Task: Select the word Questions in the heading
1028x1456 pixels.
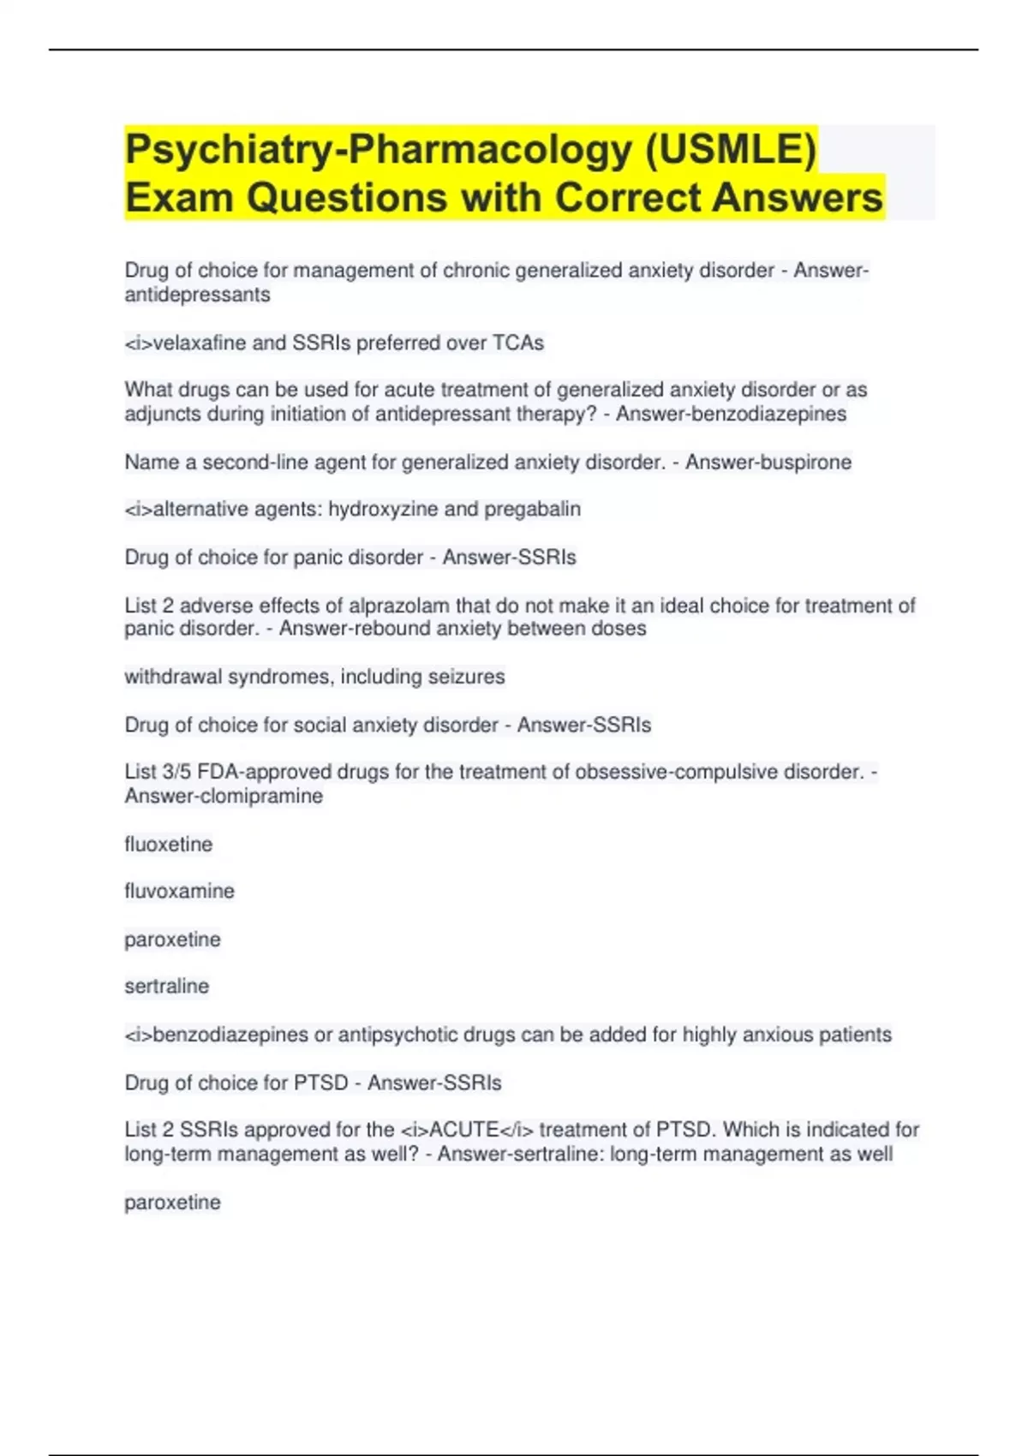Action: click(347, 197)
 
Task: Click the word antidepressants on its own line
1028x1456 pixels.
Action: click(197, 295)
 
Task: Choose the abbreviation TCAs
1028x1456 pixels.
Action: click(517, 343)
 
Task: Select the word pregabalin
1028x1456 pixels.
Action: click(532, 509)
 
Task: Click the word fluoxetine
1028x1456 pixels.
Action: click(168, 844)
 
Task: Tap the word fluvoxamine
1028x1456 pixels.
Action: click(179, 891)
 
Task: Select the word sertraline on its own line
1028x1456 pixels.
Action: click(166, 986)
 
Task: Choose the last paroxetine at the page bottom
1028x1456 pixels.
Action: click(172, 1202)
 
